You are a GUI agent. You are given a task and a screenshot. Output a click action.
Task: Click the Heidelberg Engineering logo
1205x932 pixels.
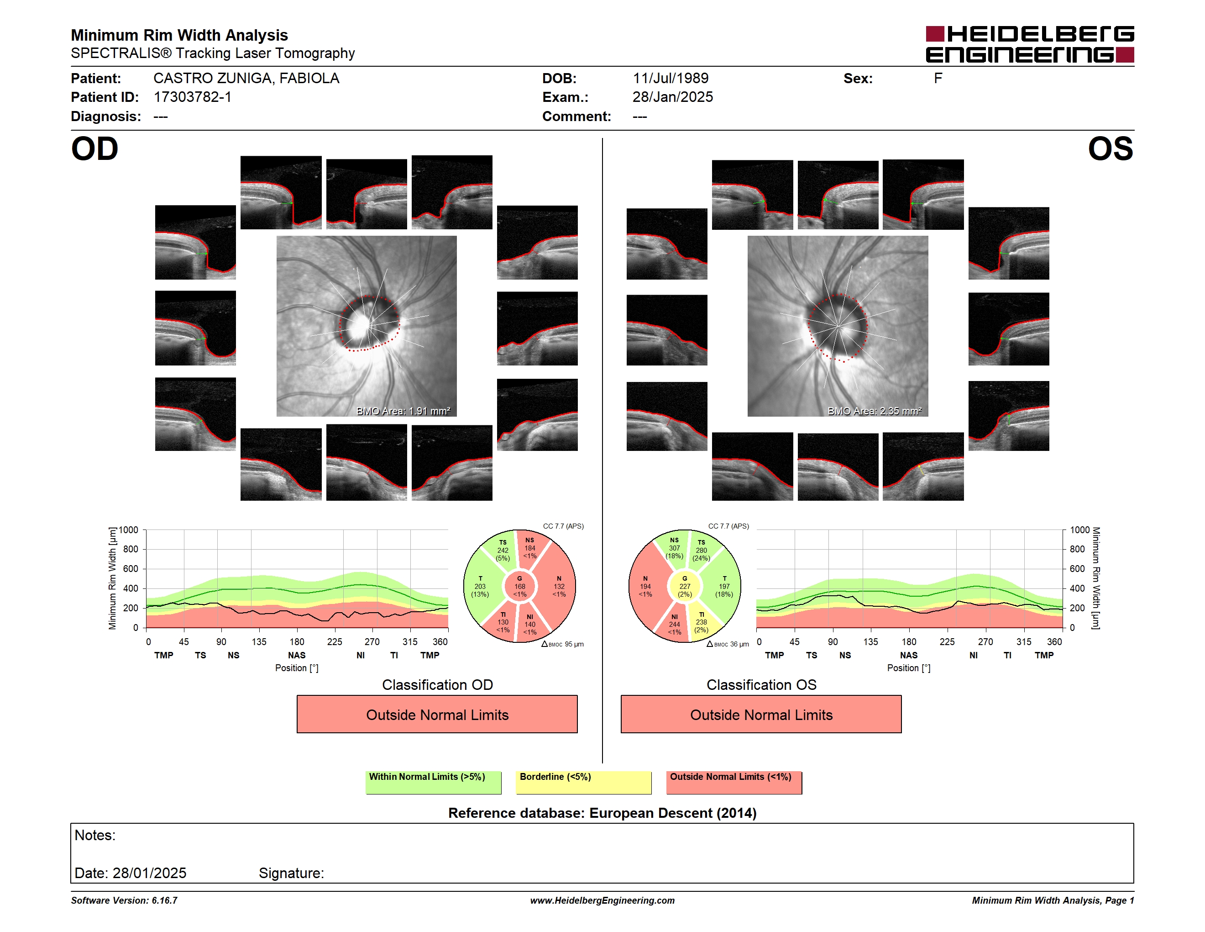pos(1030,44)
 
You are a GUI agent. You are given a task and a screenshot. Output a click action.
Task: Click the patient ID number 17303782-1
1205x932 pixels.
pos(193,97)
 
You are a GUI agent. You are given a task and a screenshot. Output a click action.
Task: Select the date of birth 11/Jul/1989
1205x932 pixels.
pos(671,79)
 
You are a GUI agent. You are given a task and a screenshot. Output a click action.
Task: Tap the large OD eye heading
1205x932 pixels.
pos(94,149)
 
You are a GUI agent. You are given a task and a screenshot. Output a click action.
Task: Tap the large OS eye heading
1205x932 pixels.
pos(1110,149)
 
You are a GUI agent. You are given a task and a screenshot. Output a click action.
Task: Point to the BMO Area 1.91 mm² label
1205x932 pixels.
pos(403,411)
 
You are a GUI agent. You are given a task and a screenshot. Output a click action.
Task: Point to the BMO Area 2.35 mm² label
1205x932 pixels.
pos(875,411)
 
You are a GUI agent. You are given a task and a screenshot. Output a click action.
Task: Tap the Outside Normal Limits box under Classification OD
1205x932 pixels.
pos(437,715)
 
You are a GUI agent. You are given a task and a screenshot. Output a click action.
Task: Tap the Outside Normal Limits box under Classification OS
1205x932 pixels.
pos(761,715)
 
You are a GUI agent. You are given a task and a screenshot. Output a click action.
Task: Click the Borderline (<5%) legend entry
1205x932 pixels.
pos(583,782)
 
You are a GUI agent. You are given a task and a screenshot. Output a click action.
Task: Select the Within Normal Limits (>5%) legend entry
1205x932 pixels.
pos(433,782)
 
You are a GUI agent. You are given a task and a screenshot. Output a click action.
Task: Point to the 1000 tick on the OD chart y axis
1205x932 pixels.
pos(129,530)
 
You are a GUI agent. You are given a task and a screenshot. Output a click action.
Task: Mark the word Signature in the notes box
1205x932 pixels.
pos(291,874)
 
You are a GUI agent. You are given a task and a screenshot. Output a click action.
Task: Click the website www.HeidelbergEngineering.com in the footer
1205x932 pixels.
pos(602,900)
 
